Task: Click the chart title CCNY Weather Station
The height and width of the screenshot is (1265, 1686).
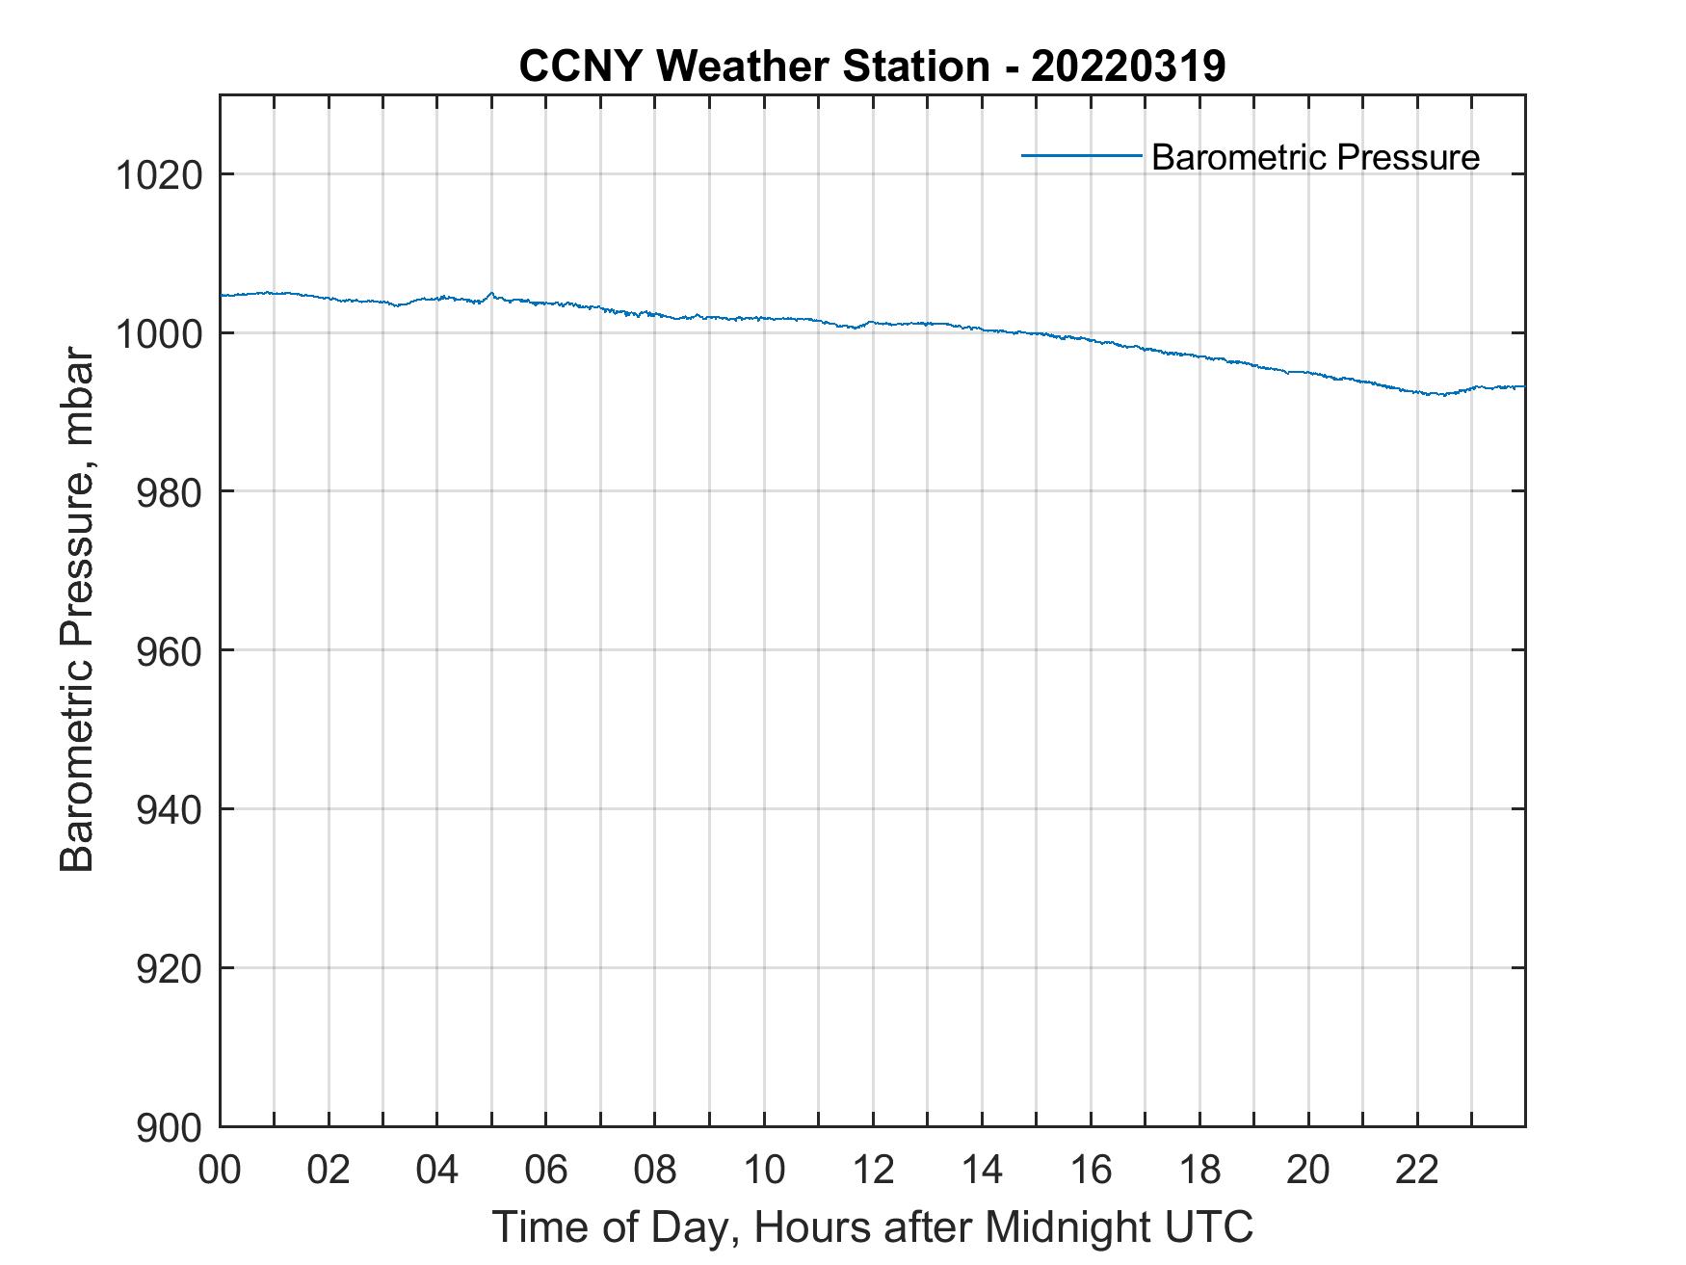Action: pyautogui.click(x=753, y=66)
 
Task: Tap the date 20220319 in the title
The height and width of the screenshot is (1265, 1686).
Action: pyautogui.click(x=1128, y=66)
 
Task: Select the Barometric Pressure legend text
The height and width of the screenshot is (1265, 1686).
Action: pyautogui.click(x=1315, y=157)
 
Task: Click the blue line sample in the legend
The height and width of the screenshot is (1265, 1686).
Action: pyautogui.click(x=1081, y=155)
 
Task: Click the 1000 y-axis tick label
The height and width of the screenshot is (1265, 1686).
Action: pyautogui.click(x=159, y=334)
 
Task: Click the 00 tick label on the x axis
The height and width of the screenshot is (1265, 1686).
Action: pyautogui.click(x=220, y=1170)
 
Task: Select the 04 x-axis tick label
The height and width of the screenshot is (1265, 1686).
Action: pyautogui.click(x=437, y=1170)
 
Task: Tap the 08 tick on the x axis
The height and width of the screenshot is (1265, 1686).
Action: pyautogui.click(x=655, y=1170)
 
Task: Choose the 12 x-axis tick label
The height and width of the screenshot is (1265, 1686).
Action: pyautogui.click(x=873, y=1170)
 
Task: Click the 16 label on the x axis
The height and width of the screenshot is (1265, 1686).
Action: pyautogui.click(x=1091, y=1170)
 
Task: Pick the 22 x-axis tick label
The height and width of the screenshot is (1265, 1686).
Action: pyautogui.click(x=1417, y=1170)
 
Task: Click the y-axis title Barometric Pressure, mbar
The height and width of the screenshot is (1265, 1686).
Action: pyautogui.click(x=77, y=610)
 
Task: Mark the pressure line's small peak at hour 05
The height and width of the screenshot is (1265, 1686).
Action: pyautogui.click(x=491, y=293)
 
